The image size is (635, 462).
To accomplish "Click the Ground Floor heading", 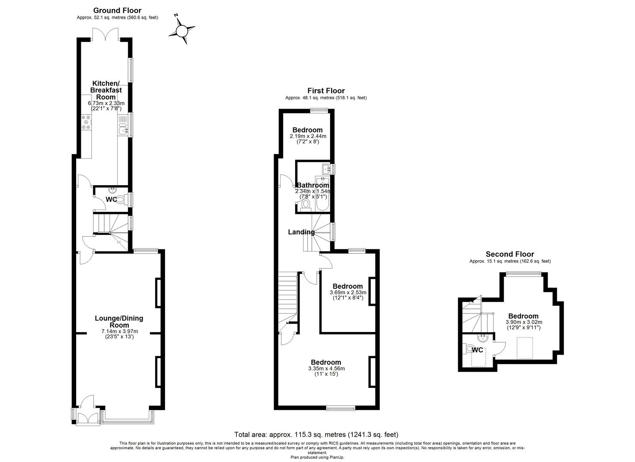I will [x=117, y=11].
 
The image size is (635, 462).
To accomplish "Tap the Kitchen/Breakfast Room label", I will [x=106, y=90].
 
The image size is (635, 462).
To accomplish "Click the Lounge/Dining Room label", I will [x=119, y=322].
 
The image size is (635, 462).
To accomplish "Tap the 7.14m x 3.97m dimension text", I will [x=120, y=331].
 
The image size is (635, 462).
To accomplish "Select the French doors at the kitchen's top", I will [x=106, y=34].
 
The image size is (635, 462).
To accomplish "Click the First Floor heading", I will [x=326, y=91].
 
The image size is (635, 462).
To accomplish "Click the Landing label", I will [x=301, y=232].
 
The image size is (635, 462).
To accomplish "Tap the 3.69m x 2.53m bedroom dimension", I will [x=348, y=293].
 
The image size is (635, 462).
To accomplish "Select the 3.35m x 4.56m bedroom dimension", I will [x=326, y=368].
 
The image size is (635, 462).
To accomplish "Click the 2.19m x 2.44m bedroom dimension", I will [x=307, y=136].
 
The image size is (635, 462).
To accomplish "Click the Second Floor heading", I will [x=510, y=254].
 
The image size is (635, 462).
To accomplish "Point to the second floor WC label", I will [x=477, y=350].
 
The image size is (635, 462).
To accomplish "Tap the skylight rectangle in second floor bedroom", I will [x=525, y=348].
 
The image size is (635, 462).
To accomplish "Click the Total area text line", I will [x=316, y=434].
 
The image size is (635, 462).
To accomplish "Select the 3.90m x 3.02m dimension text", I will [x=523, y=322].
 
